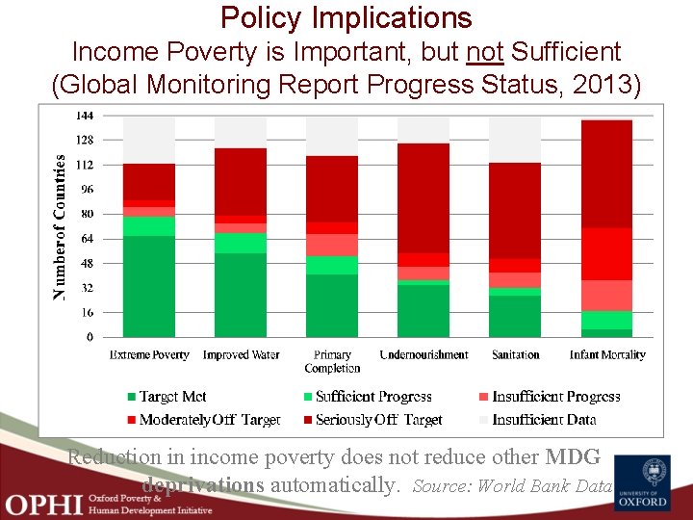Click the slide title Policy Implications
[x=346, y=17]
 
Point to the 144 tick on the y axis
[x=84, y=116]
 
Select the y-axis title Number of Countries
[x=60, y=226]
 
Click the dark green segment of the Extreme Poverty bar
[x=149, y=286]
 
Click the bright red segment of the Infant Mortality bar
[x=606, y=254]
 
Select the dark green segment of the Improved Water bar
[x=241, y=295]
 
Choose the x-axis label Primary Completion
[x=332, y=361]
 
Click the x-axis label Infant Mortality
[x=607, y=355]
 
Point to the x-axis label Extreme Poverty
[x=149, y=355]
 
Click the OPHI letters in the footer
[x=42, y=503]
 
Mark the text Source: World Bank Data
[x=512, y=486]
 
